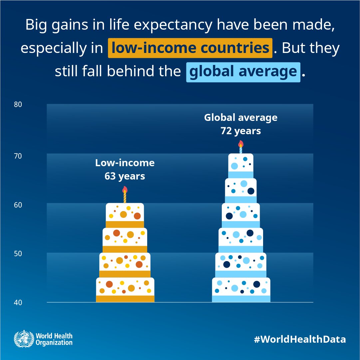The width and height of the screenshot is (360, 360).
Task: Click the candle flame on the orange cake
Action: [x=125, y=190]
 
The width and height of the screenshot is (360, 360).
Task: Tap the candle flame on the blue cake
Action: [x=241, y=144]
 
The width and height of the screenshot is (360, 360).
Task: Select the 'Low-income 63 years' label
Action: [x=125, y=169]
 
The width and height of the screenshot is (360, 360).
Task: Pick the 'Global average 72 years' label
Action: [x=240, y=124]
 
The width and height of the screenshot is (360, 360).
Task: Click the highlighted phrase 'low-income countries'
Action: [x=190, y=48]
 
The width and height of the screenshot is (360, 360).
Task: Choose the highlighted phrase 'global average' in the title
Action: [x=243, y=72]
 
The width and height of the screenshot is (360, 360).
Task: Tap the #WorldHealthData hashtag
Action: [x=299, y=339]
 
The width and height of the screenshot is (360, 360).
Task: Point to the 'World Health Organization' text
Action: [x=54, y=339]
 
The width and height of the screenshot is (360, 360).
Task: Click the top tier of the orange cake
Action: [x=125, y=215]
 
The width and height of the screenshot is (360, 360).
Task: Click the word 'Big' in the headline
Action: [x=36, y=25]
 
